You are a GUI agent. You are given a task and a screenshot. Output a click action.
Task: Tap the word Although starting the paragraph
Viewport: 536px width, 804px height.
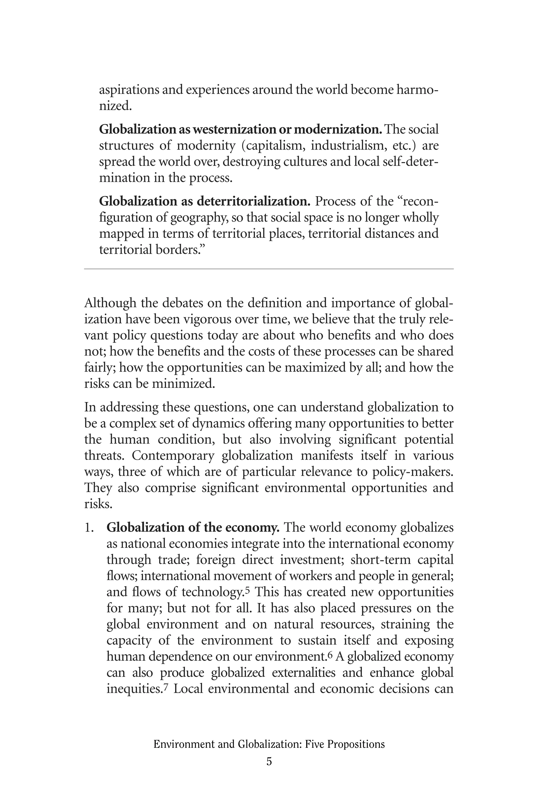point(109,303)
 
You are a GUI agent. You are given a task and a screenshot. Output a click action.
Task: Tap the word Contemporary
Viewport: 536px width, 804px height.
point(173,456)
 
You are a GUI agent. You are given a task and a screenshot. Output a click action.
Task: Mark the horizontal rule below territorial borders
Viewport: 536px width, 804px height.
point(269,269)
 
